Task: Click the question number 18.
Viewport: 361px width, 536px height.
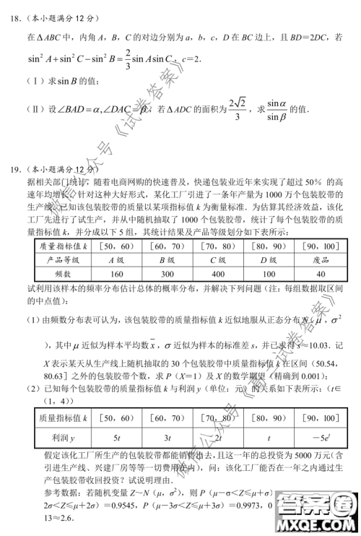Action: (13, 14)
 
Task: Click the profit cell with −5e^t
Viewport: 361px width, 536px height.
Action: (321, 437)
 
